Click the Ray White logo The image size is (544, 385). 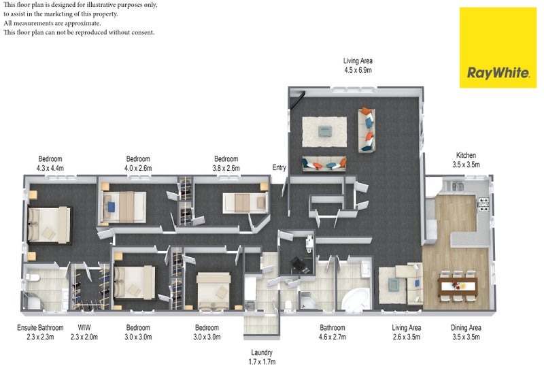498,48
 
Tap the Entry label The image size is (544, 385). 279,168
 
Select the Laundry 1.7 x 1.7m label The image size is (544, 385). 262,357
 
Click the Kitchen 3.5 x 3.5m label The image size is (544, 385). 466,160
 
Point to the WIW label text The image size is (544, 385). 84,327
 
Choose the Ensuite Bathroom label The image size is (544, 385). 40,327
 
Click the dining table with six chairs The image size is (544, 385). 457,286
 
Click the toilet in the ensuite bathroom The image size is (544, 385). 32,278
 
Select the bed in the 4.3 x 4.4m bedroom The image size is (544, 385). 49,224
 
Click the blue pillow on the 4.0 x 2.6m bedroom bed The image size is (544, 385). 111,207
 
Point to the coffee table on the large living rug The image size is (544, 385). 325,131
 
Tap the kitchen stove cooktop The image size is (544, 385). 483,205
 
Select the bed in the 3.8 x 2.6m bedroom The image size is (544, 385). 245,203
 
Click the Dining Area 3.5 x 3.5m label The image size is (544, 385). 466,332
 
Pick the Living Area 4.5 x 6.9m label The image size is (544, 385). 358,65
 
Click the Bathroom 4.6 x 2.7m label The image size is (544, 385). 333,332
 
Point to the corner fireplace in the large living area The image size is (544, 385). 298,99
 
